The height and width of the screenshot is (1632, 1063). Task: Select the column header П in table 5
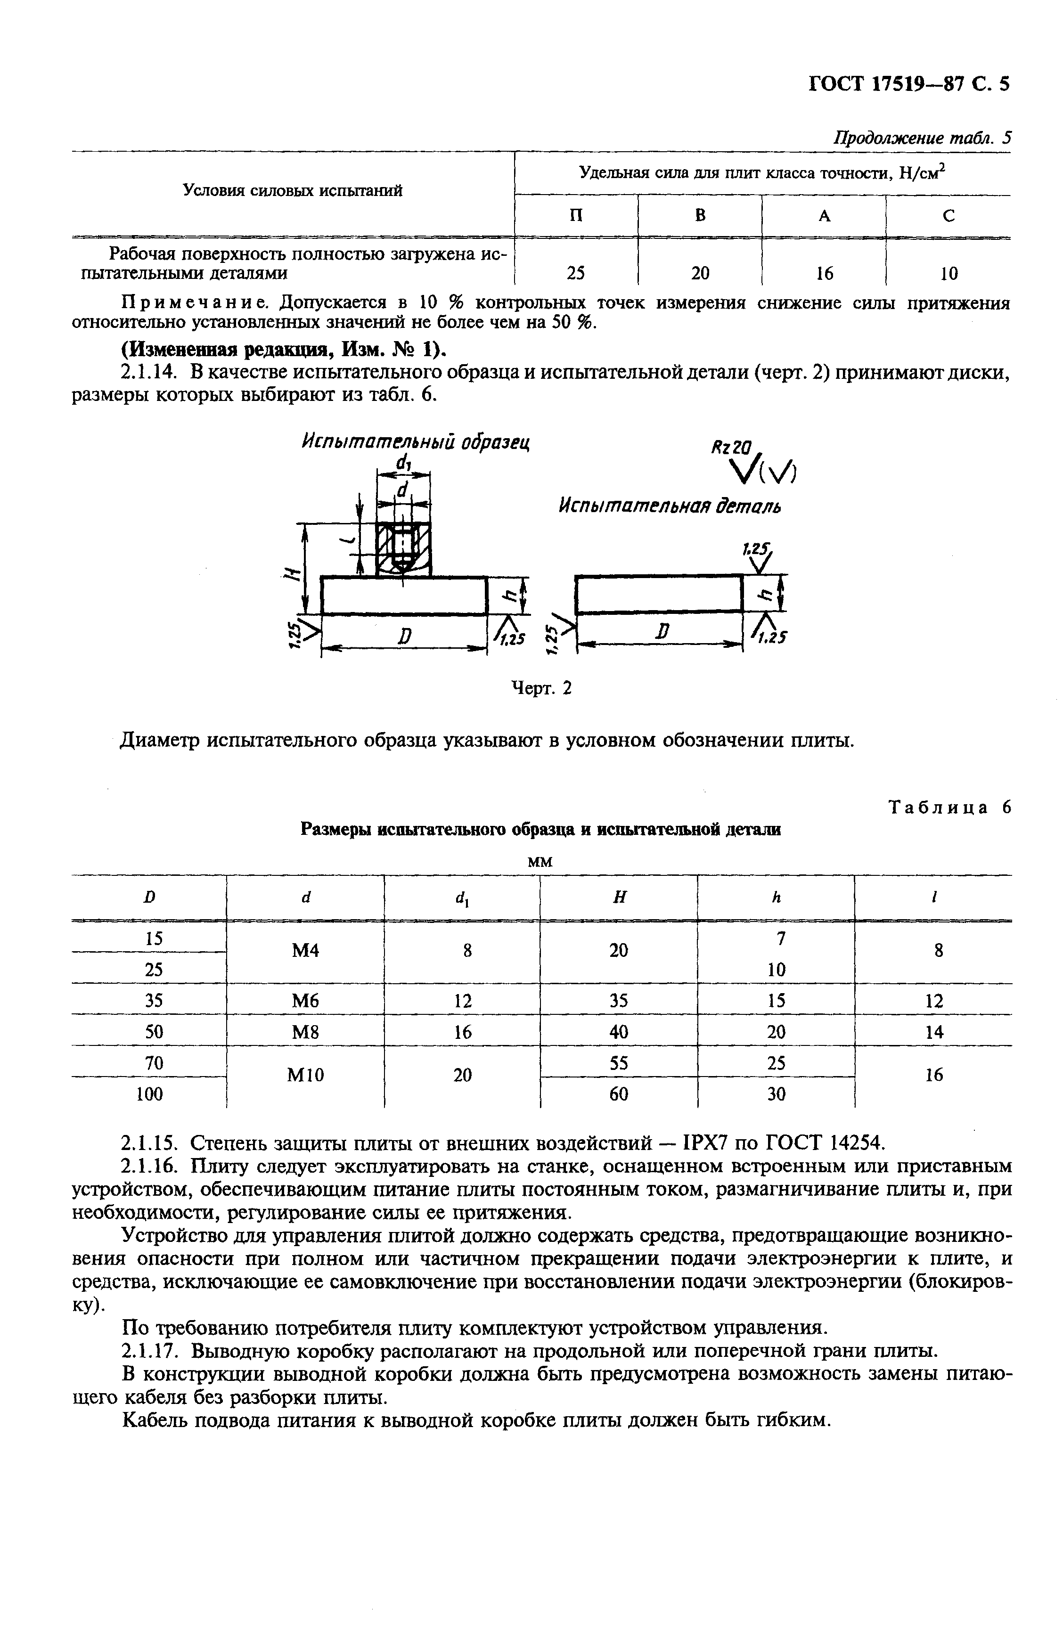(x=576, y=215)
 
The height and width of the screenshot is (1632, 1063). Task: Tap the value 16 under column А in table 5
(x=824, y=274)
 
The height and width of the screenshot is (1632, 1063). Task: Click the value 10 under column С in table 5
(x=949, y=274)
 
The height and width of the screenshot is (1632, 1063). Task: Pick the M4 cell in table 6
(x=305, y=950)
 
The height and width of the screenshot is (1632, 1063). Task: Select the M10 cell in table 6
(x=305, y=1075)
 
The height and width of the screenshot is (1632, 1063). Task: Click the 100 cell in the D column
(x=149, y=1093)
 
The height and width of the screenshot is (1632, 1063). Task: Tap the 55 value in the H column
(x=619, y=1063)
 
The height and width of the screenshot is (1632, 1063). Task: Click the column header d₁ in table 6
(x=462, y=898)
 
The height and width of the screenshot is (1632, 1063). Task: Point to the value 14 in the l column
(x=934, y=1032)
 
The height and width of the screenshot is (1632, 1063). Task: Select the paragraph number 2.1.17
(x=149, y=1351)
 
